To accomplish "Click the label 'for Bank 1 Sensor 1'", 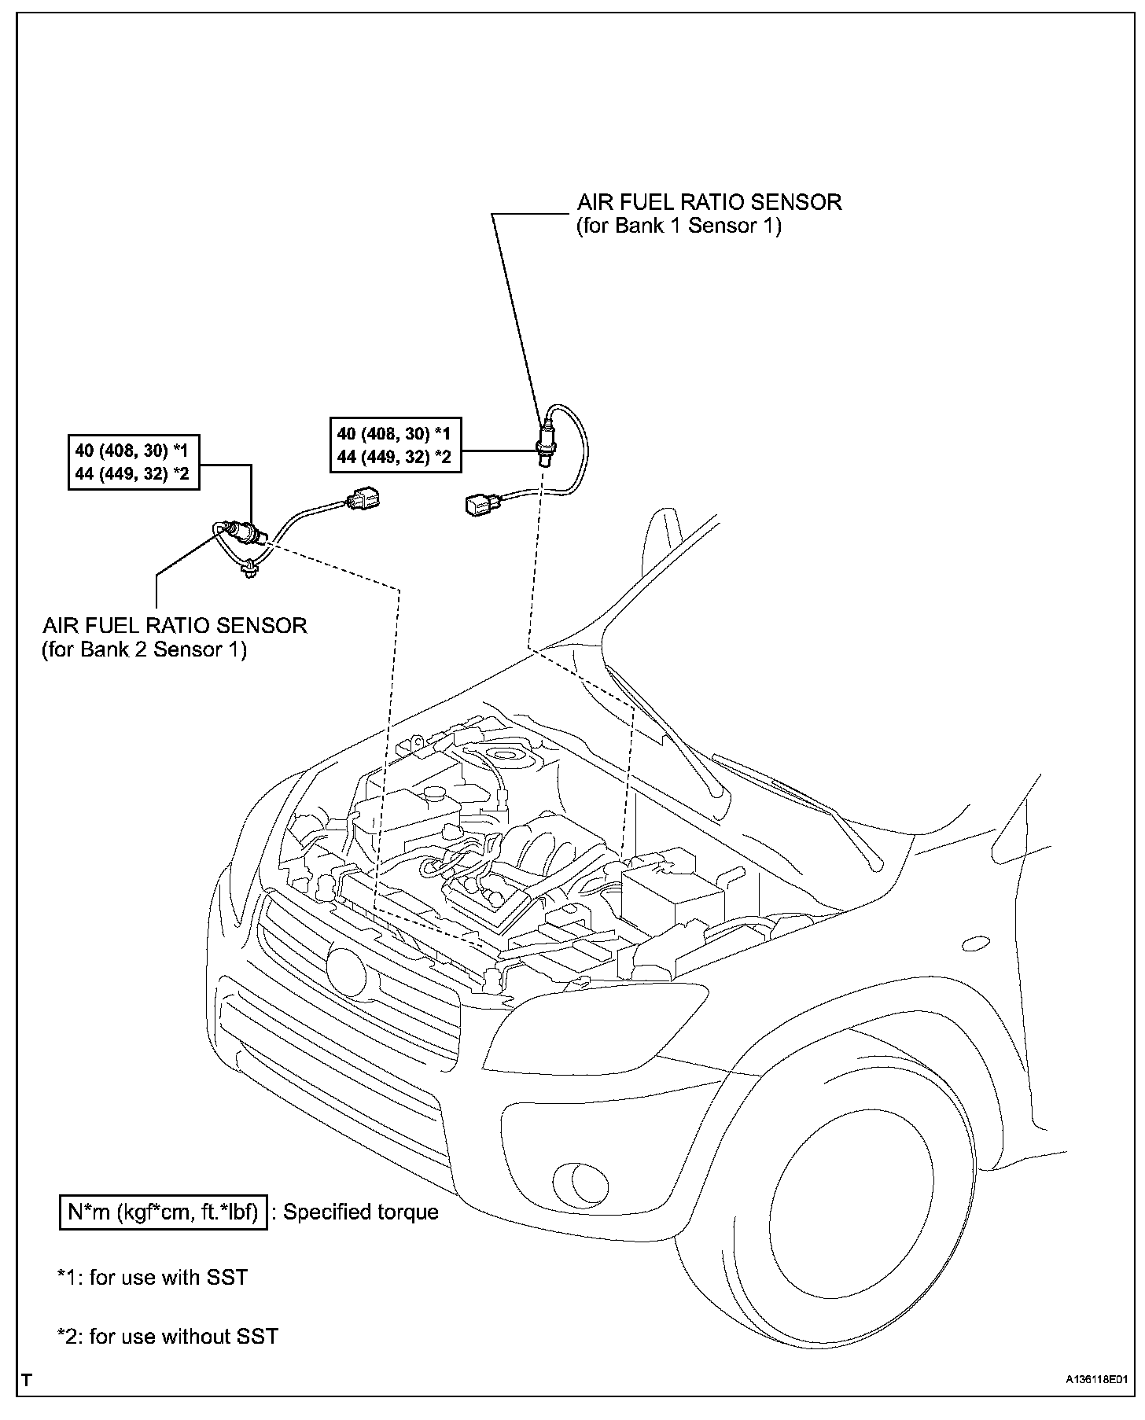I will pyautogui.click(x=679, y=226).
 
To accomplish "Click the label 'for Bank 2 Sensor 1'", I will pyautogui.click(x=144, y=650).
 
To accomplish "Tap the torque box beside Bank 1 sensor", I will pyautogui.click(x=395, y=444).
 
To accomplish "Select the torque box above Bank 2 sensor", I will pyautogui.click(x=133, y=462).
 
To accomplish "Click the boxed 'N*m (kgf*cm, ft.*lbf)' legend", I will pyautogui.click(x=164, y=1212).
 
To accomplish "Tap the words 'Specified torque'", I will pyautogui.click(x=360, y=1212).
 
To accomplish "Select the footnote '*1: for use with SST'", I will pyautogui.click(x=153, y=1278).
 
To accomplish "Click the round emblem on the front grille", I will pyautogui.click(x=347, y=972).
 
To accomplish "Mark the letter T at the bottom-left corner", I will pyautogui.click(x=28, y=1379).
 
